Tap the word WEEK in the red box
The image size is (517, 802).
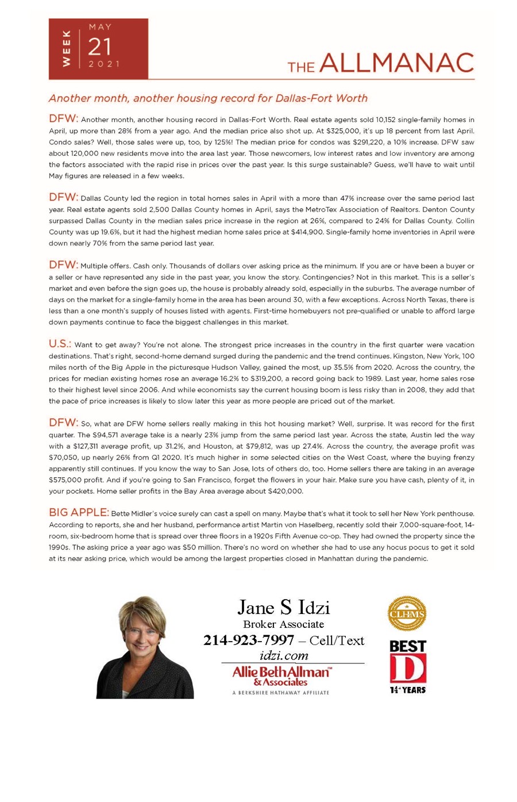66,49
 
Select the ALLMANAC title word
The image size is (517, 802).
396,63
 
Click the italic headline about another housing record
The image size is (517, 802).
208,98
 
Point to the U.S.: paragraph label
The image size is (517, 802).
60,344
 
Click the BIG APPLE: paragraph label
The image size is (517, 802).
79,512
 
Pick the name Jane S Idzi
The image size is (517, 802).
283,607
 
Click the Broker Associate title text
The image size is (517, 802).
283,624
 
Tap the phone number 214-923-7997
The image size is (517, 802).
249,640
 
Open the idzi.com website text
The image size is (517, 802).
284,655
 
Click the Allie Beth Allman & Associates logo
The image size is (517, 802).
281,676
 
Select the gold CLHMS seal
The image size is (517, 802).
407,613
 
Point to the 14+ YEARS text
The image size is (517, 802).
408,690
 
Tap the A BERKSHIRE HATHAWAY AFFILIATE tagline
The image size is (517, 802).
281,693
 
